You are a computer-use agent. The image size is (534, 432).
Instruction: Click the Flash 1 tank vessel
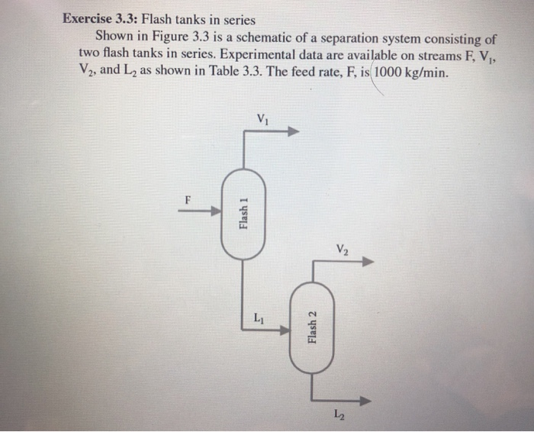coord(243,214)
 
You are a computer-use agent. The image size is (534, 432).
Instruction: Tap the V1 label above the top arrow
coord(263,118)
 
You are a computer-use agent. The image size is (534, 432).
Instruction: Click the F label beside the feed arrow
coord(185,199)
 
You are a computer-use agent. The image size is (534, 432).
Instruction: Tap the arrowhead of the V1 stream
coord(293,131)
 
